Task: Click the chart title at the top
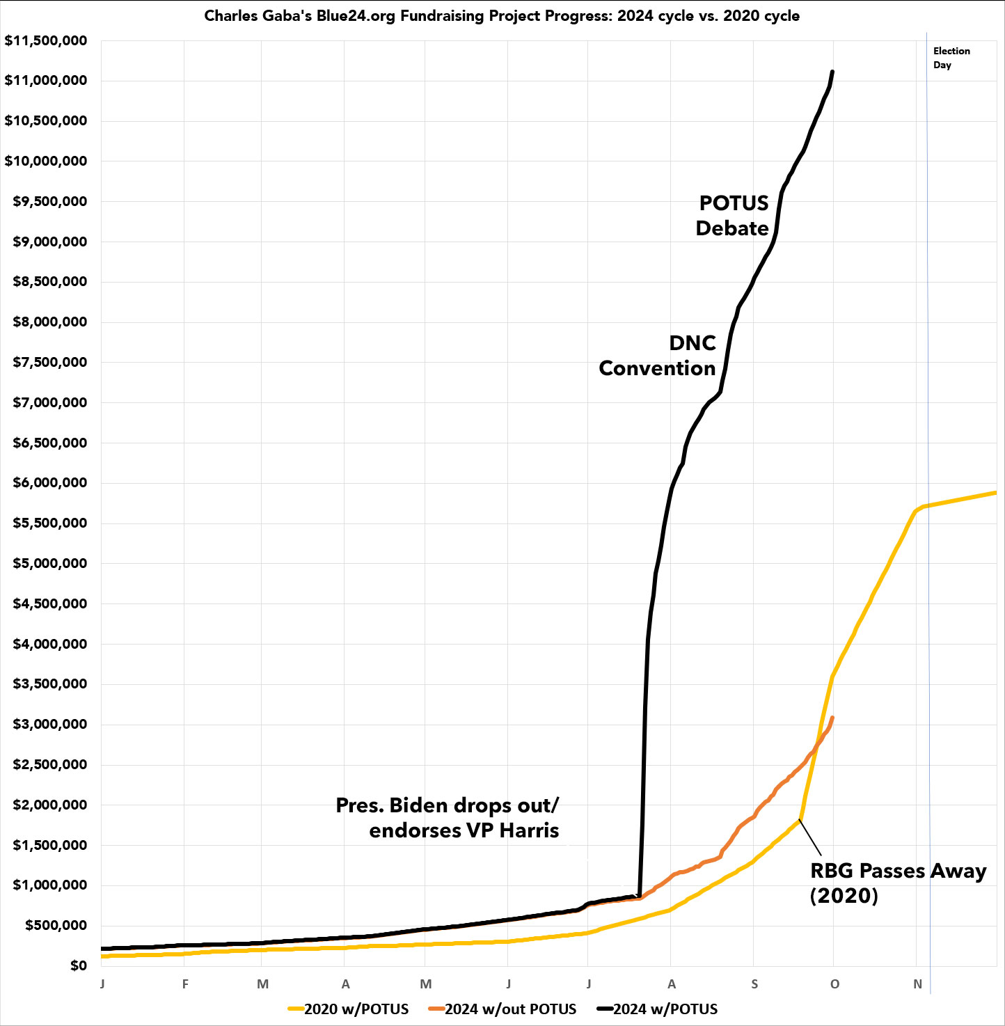click(502, 16)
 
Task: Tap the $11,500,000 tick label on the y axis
click(46, 40)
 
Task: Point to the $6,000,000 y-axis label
click(50, 482)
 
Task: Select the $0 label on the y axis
click(79, 965)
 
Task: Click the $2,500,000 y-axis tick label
click(50, 764)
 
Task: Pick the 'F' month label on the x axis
click(185, 984)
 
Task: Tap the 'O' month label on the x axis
click(834, 984)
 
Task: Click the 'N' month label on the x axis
click(917, 984)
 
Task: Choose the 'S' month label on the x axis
click(754, 984)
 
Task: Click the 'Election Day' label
click(951, 58)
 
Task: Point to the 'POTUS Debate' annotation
click(733, 216)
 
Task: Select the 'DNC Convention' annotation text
click(658, 356)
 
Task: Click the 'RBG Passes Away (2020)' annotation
click(898, 883)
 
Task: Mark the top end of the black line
click(832, 72)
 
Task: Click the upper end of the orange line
click(832, 718)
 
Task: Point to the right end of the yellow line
click(995, 493)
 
